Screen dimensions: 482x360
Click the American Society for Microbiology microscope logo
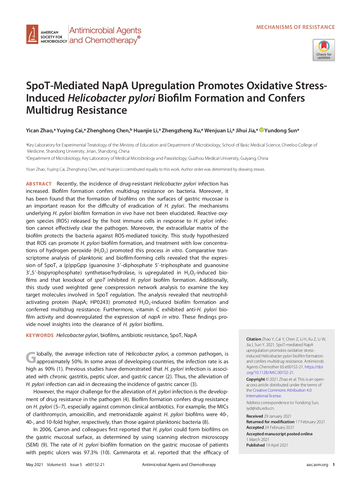[32, 34]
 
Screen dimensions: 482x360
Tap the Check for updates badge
[324, 50]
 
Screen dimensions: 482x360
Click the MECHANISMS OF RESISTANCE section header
[295, 27]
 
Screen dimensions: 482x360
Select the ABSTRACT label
[39, 184]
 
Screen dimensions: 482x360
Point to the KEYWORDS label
[40, 335]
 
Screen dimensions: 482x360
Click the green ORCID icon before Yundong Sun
[261, 130]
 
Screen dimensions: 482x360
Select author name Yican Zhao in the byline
[39, 131]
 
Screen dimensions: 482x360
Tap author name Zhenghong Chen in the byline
[108, 131]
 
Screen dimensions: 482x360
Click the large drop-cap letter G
[31, 358]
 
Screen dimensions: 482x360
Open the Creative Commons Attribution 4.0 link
[282, 390]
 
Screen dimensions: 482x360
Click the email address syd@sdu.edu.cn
[260, 408]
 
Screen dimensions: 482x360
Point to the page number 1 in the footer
[334, 465]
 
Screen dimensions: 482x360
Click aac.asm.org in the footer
[317, 465]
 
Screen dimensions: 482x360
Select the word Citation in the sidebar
[253, 339]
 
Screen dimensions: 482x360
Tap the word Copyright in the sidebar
[255, 379]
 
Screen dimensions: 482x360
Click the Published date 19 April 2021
[277, 445]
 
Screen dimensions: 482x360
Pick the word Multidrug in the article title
[50, 110]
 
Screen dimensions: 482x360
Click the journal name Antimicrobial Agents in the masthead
[105, 30]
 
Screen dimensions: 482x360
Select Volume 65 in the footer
[56, 465]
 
